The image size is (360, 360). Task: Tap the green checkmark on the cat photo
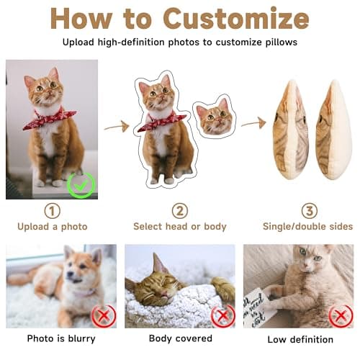point(81,185)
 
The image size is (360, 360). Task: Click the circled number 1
point(53,211)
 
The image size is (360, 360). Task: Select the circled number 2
point(179,211)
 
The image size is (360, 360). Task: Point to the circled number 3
point(309,211)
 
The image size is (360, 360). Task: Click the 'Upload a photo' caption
point(53,227)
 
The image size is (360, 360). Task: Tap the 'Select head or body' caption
point(179,227)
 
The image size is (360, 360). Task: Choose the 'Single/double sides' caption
point(309,227)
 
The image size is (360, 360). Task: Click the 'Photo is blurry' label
point(61,338)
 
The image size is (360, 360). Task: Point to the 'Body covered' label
point(180,338)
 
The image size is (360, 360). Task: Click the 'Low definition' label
point(300,339)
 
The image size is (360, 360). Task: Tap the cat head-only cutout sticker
point(214,117)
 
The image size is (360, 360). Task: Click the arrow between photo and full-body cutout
point(116,127)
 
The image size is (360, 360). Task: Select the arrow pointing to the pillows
point(253,124)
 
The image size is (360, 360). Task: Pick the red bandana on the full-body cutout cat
point(160,121)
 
